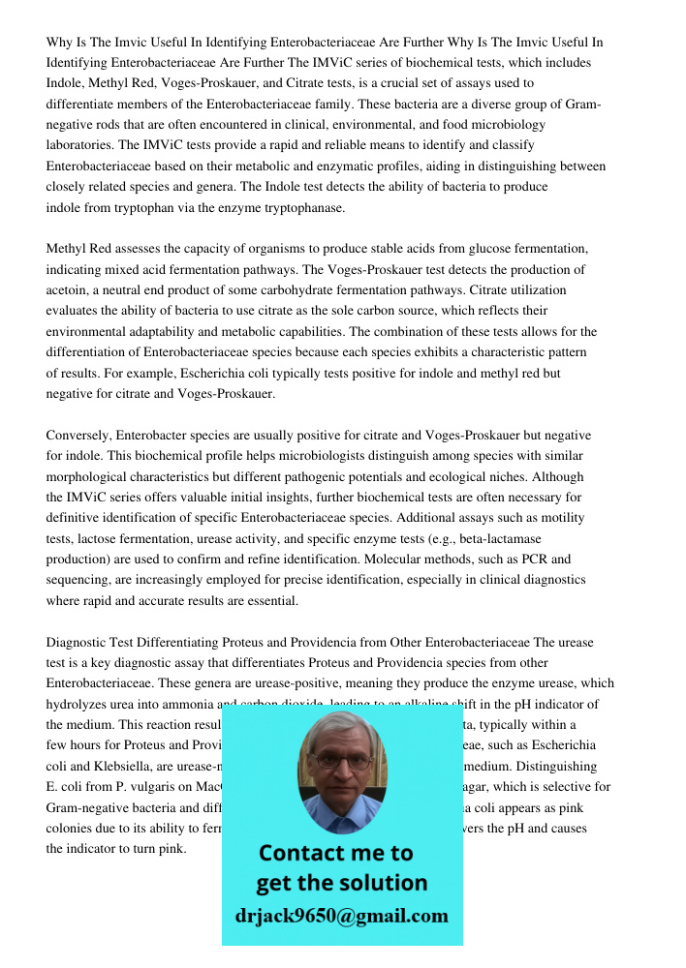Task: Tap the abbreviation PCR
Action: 536,560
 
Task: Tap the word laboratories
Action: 79,145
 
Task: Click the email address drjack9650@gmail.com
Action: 341,916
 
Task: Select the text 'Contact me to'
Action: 335,853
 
